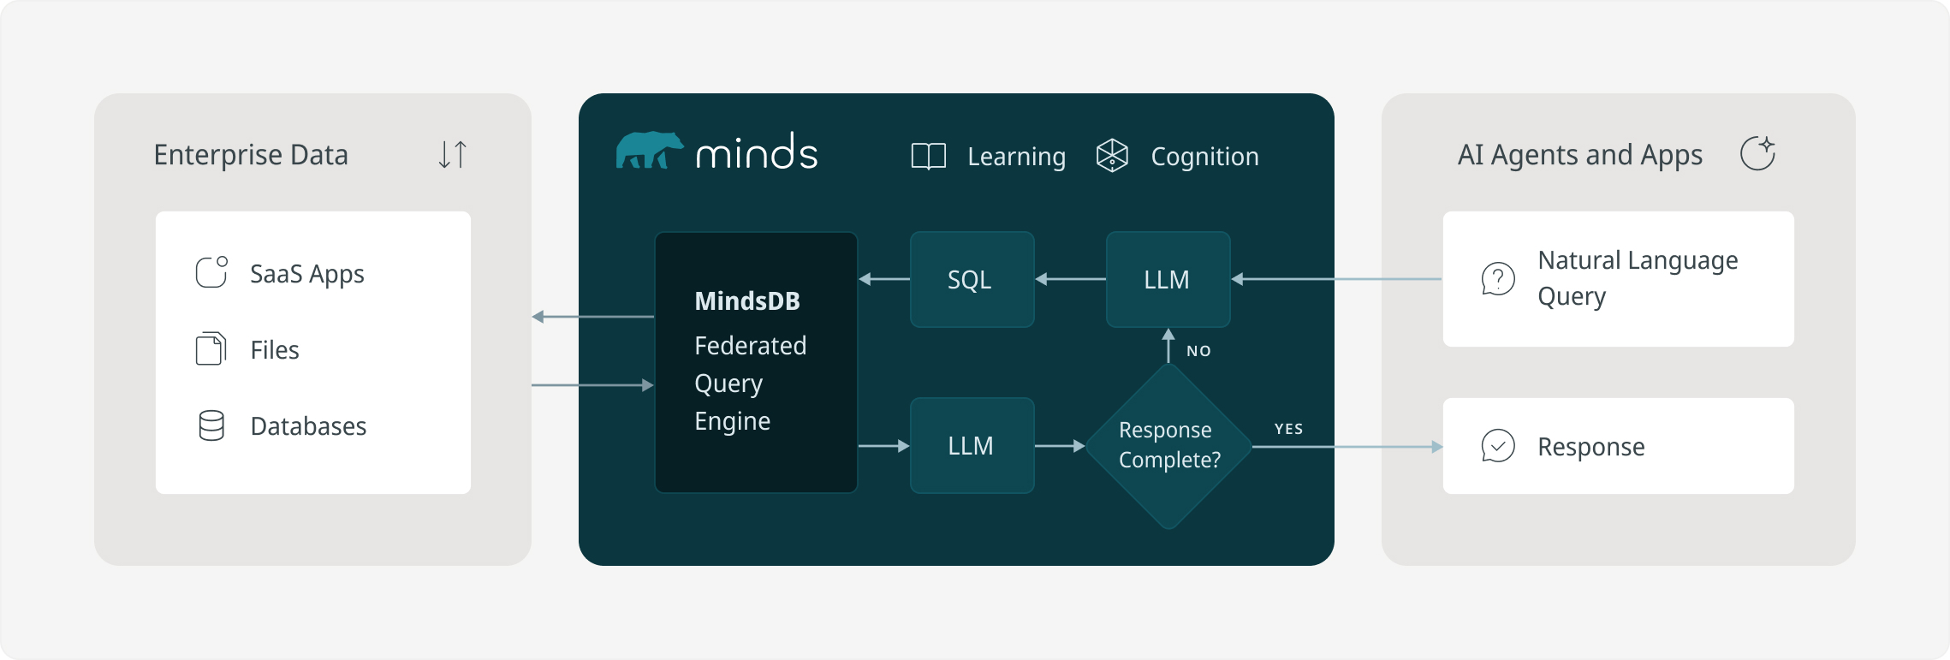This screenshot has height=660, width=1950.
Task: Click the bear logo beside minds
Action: (649, 151)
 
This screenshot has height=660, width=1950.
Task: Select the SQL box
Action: (972, 279)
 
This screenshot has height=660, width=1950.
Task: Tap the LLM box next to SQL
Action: (1168, 279)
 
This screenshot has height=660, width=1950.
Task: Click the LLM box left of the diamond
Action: (972, 445)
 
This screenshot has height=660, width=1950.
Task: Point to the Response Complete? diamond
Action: (1168, 446)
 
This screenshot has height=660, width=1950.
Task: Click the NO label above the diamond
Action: (1198, 351)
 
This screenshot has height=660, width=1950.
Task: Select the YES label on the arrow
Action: (1288, 429)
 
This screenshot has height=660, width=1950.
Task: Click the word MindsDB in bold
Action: (747, 301)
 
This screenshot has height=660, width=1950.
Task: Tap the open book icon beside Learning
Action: (928, 156)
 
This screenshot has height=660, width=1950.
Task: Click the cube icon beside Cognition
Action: (1112, 156)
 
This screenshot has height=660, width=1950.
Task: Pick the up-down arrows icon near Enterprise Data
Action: (452, 154)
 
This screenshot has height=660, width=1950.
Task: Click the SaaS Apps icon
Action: (211, 273)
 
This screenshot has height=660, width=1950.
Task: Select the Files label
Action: (275, 350)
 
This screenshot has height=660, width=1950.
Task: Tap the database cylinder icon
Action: (211, 425)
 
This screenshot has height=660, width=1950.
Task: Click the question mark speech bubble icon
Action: (1498, 279)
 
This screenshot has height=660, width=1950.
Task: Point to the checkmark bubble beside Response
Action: (1498, 446)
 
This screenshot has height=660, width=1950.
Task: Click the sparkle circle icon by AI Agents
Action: (1757, 153)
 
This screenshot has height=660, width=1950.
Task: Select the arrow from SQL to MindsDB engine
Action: (883, 279)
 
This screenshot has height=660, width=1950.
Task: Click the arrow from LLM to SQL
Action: (1070, 279)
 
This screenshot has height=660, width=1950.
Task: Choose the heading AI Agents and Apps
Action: (1580, 155)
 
